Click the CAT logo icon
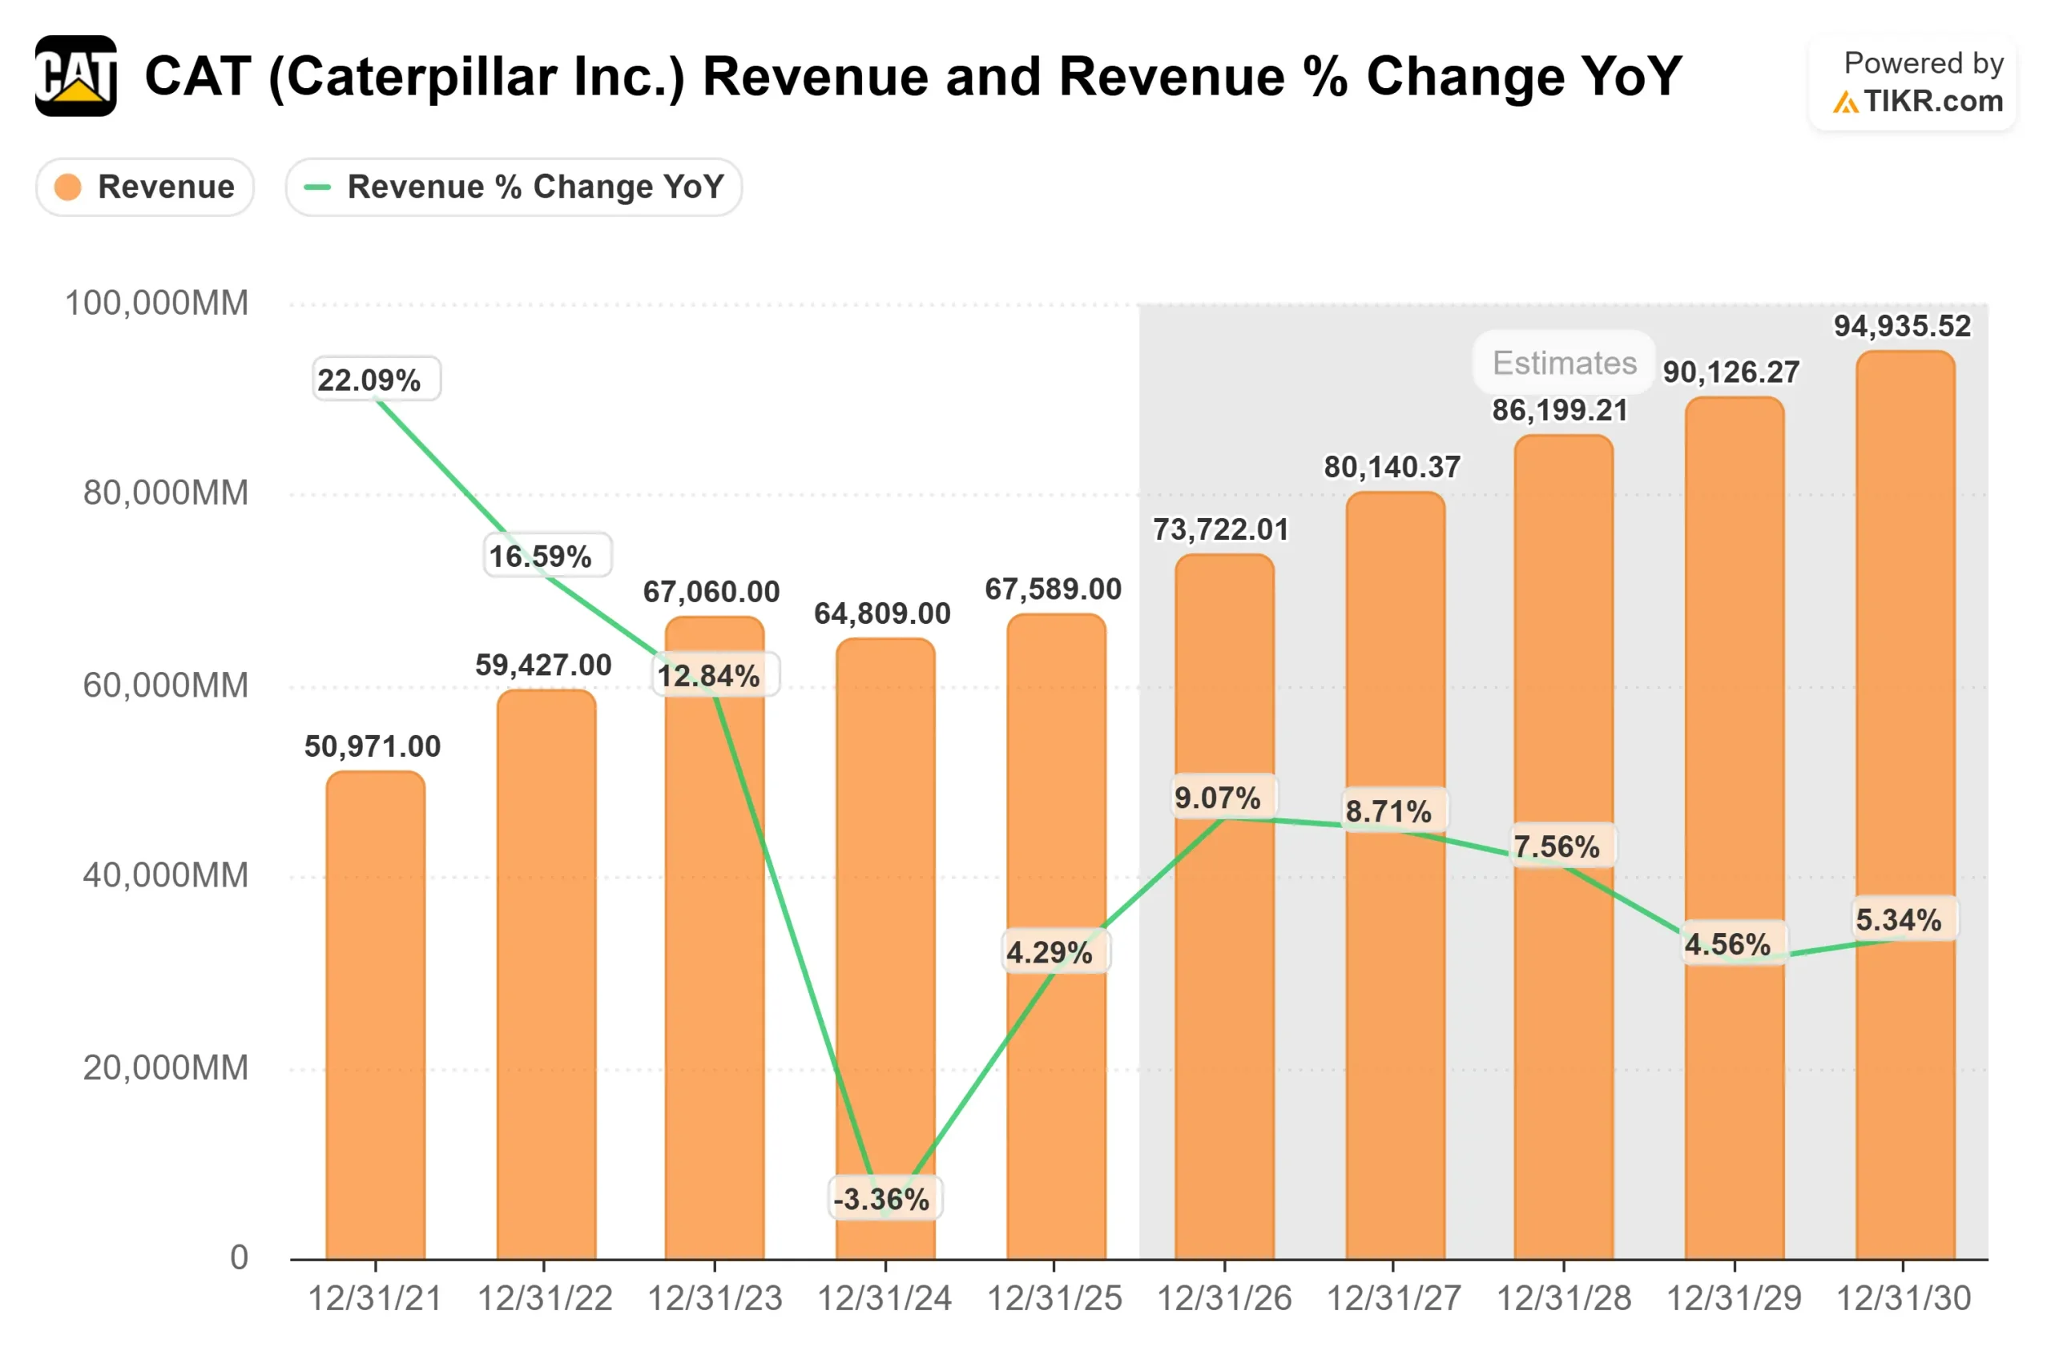[76, 76]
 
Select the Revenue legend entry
[145, 187]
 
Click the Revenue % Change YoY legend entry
[514, 187]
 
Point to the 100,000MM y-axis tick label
[157, 304]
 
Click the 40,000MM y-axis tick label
[166, 875]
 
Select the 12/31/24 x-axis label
[884, 1299]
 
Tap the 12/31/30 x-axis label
[1903, 1299]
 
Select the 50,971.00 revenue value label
[373, 746]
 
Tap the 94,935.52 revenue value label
[1902, 326]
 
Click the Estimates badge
[1565, 363]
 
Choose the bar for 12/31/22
[546, 976]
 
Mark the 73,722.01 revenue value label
[1221, 529]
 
